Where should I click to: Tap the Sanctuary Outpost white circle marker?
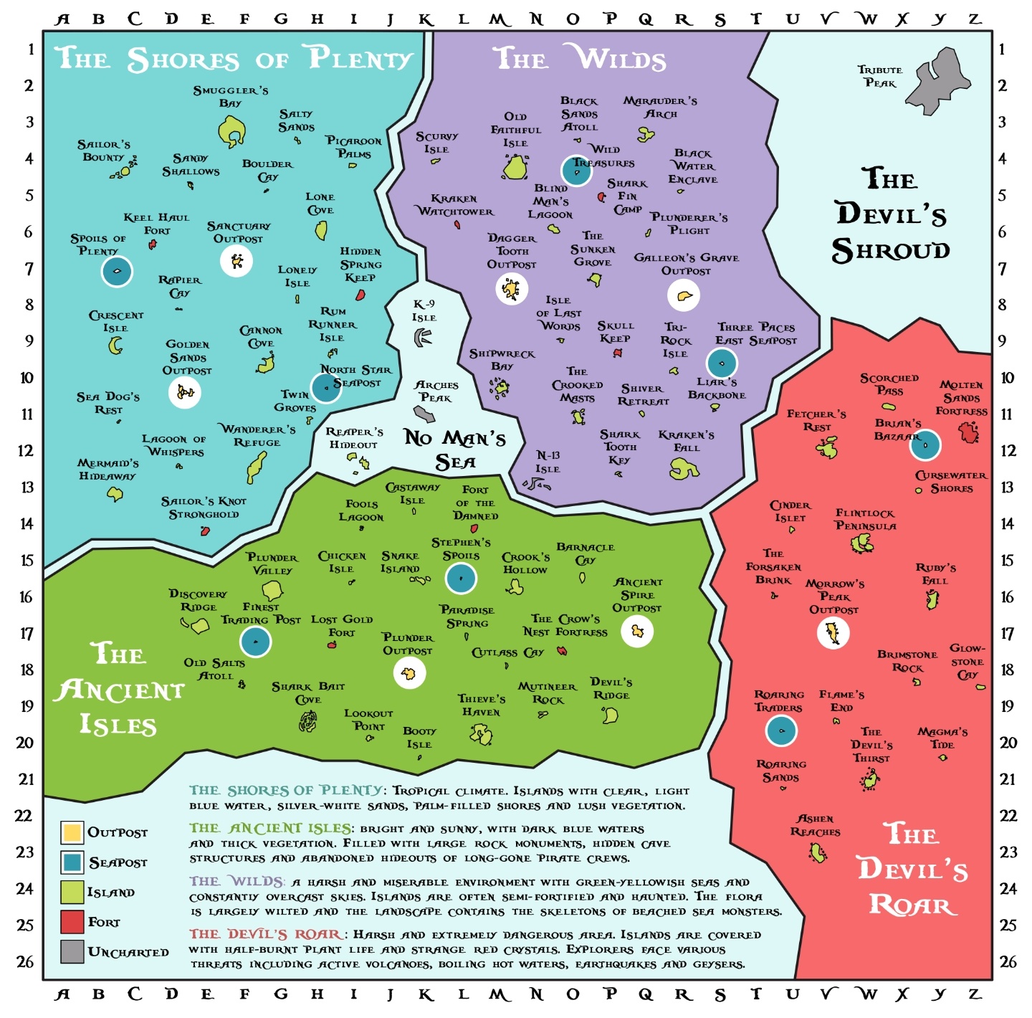[x=236, y=260]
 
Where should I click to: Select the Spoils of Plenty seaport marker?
[x=117, y=271]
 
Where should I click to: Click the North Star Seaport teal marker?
[x=326, y=388]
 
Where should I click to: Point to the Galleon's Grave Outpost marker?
[x=683, y=295]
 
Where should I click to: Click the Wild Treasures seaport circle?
[x=576, y=171]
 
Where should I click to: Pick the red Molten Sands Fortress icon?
[x=969, y=432]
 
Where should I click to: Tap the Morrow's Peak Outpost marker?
[x=833, y=632]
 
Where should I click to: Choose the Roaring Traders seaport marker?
[x=781, y=731]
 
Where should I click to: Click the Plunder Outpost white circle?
[x=409, y=672]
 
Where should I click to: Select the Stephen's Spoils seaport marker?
[x=461, y=578]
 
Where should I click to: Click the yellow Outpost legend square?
[x=72, y=832]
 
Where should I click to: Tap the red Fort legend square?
[x=72, y=922]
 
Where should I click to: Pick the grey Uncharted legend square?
[x=72, y=951]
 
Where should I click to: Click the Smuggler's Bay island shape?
[x=231, y=132]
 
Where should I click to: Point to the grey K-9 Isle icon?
[x=423, y=336]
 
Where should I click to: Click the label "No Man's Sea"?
[x=454, y=449]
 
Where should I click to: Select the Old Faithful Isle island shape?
[x=515, y=168]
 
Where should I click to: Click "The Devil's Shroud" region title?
[x=890, y=215]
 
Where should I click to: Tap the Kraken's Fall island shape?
[x=683, y=469]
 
